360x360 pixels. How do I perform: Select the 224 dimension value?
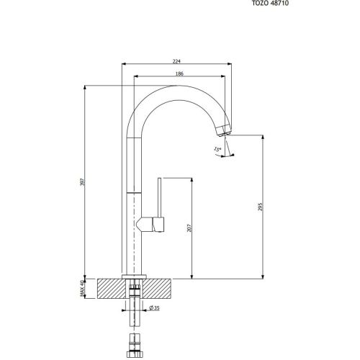pos(175,61)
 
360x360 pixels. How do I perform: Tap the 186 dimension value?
pos(175,74)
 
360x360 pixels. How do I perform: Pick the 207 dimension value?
pos(189,229)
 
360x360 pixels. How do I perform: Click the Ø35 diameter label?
pos(153,309)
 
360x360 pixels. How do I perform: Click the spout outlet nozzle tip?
pos(224,130)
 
